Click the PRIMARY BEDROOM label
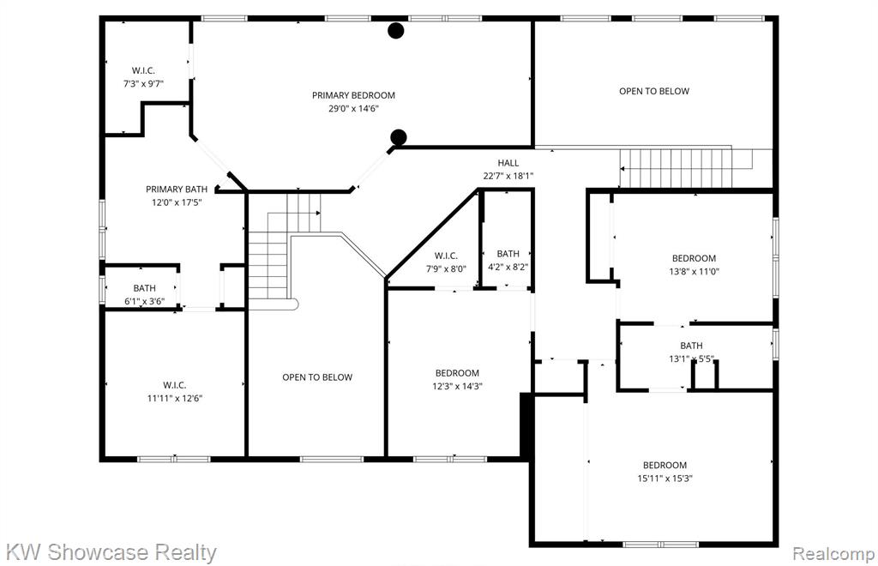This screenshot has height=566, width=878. coord(353,95)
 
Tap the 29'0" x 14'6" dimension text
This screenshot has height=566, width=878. coord(353,109)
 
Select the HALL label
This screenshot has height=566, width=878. coord(508,163)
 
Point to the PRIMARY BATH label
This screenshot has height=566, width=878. coord(177,190)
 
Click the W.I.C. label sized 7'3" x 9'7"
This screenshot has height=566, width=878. coord(143,70)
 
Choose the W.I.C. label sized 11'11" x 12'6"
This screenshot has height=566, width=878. coord(175,385)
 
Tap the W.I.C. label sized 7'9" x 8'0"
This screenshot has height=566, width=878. coord(446,256)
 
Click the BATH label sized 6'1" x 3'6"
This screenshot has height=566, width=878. coord(144,288)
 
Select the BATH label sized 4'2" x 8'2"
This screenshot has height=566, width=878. coord(508,254)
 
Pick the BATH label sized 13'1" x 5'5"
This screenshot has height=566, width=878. coord(692,346)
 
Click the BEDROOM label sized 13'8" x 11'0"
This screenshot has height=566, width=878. coord(694,258)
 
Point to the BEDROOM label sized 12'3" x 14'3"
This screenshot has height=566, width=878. coord(458,373)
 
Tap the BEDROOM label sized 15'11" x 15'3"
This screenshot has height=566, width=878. coord(665,465)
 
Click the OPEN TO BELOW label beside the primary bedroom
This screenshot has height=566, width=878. coord(654,91)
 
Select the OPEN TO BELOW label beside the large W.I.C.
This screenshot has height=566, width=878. coord(317,377)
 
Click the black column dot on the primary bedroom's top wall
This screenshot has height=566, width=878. coord(396,31)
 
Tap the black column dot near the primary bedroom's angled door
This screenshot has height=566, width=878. coord(398,137)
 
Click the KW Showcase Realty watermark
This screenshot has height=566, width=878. coord(111,552)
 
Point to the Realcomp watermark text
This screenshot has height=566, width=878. coord(833,554)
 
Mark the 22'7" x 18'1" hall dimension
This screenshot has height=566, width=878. coord(508,176)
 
